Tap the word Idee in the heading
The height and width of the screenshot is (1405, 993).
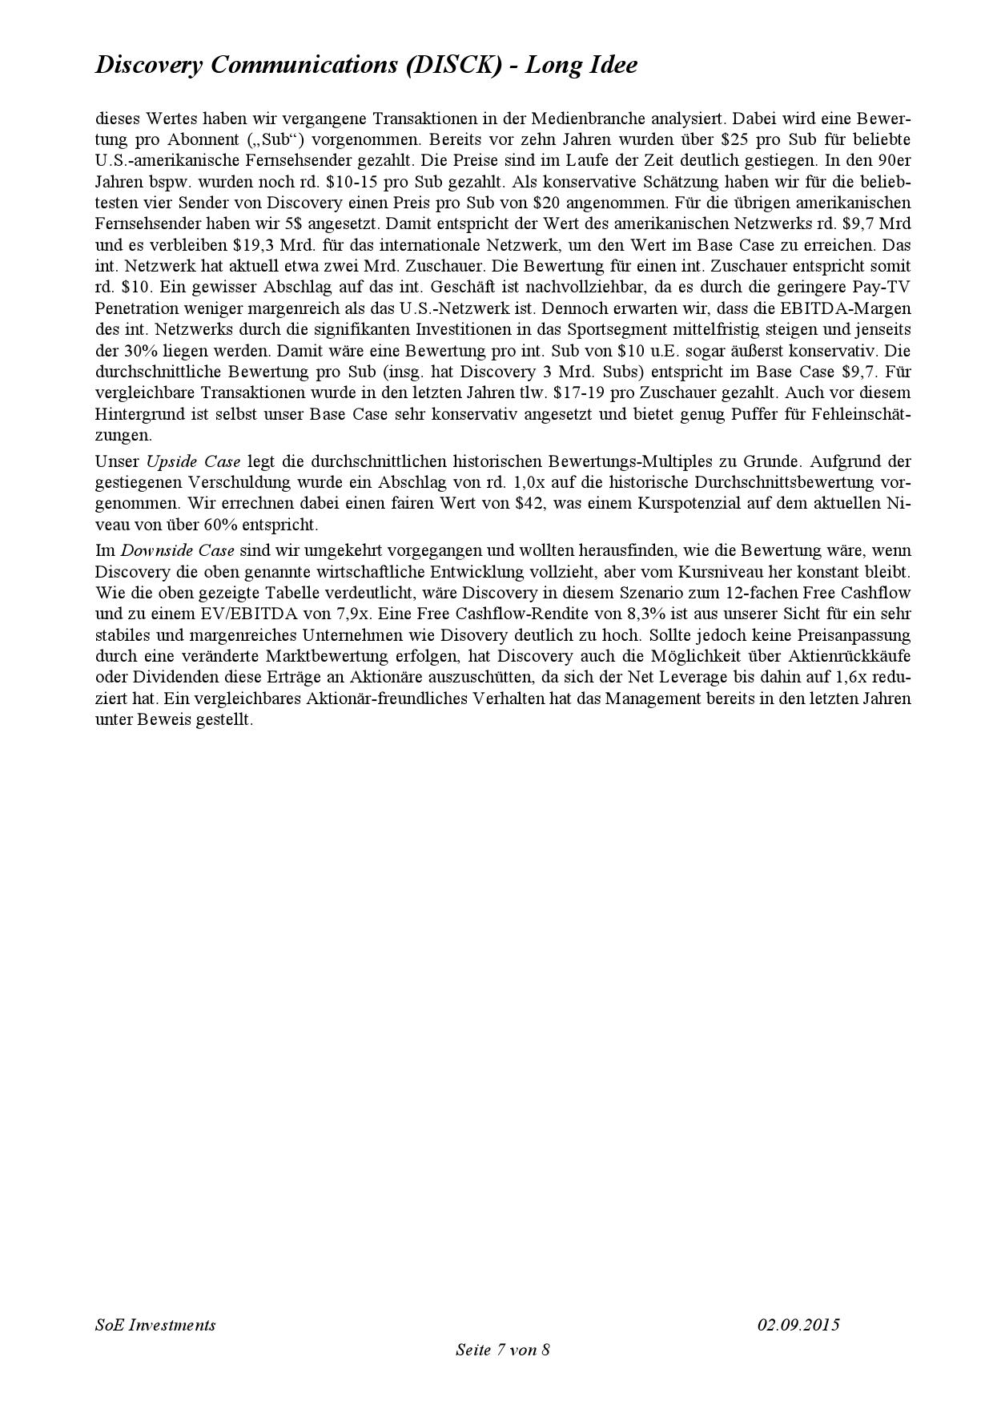pyautogui.click(x=611, y=65)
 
